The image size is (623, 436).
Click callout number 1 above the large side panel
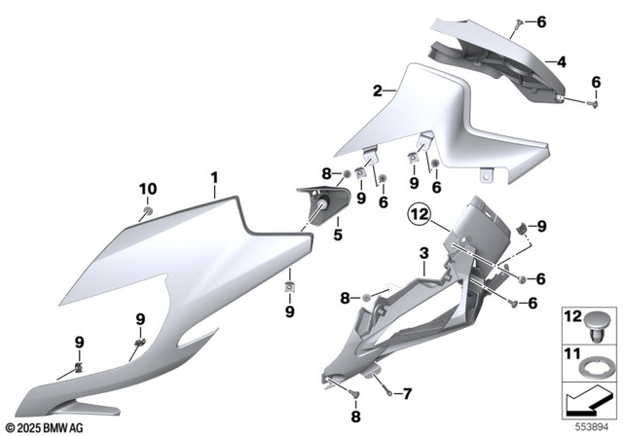point(214,177)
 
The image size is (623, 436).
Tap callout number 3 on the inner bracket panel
point(423,255)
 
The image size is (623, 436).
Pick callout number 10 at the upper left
point(147,188)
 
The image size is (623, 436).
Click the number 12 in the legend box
point(571,315)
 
